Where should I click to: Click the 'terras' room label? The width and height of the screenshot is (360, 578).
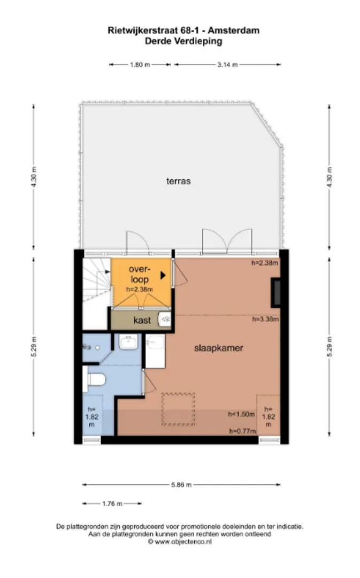click(178, 181)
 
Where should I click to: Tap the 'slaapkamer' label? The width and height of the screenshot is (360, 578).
click(218, 348)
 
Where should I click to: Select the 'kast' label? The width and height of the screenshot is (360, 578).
click(142, 320)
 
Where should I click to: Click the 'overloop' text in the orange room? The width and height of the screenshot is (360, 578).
click(140, 274)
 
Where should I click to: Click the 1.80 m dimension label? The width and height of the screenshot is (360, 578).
click(140, 65)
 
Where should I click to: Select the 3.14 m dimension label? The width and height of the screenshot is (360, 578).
click(227, 65)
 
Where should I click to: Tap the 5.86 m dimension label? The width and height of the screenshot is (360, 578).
click(181, 485)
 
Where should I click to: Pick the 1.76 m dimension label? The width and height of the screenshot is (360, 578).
click(112, 504)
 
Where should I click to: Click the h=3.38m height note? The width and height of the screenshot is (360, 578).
click(265, 319)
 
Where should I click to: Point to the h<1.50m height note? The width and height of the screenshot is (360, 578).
click(241, 414)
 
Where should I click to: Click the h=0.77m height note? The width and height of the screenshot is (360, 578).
click(242, 431)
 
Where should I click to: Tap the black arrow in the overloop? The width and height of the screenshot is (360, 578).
click(163, 275)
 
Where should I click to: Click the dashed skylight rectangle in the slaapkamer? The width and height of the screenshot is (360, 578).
click(178, 409)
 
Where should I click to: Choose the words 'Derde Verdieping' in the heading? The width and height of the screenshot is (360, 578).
click(183, 41)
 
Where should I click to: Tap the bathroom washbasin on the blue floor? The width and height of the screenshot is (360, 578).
click(128, 342)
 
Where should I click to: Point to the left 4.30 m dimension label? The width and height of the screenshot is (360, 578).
click(34, 177)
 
